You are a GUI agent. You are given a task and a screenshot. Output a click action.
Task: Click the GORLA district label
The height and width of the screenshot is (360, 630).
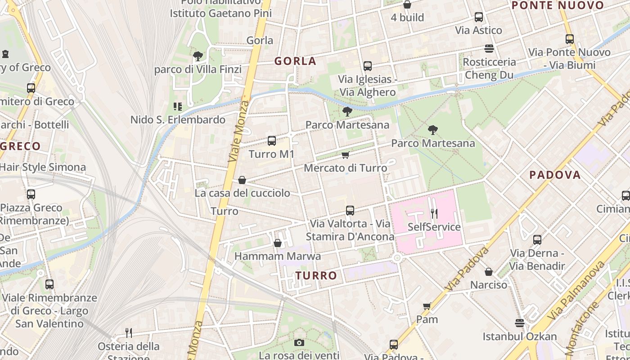295,61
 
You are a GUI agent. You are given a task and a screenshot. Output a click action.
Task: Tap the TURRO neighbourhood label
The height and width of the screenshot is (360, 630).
316,275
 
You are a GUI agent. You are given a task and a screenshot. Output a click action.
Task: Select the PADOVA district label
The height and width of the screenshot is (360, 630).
555,175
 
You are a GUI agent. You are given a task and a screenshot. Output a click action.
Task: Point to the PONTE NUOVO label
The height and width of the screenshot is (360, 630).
558,5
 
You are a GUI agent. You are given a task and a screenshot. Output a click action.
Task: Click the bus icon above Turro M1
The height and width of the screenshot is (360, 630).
272,141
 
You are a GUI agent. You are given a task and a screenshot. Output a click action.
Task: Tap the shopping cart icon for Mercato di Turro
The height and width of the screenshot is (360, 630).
345,155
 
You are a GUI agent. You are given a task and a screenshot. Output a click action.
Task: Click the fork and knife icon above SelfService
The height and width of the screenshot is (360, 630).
434,213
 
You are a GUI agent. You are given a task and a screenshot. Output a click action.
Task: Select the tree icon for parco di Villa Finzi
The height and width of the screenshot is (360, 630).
198,56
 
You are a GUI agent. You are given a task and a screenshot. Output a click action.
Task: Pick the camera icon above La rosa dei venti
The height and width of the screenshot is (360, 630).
299,343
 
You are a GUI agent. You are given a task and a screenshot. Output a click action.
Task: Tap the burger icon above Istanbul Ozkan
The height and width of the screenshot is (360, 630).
520,323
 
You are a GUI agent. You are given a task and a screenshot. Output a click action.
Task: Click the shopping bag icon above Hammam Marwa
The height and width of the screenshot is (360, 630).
278,243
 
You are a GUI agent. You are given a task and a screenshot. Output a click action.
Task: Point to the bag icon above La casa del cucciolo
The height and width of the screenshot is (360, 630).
242,180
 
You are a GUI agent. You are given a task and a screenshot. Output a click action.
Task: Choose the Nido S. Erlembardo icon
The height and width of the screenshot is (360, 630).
178,107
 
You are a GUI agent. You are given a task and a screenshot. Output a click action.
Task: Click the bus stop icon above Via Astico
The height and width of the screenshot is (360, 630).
479,17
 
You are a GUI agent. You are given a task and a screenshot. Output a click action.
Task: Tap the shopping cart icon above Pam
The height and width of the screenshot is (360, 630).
427,306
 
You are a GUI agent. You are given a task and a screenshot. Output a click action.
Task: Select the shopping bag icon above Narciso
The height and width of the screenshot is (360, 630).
488,272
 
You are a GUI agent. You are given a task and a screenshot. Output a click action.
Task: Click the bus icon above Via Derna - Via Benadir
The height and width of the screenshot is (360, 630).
537,240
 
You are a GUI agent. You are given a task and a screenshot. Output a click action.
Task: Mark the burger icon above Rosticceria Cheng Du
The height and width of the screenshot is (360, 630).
489,48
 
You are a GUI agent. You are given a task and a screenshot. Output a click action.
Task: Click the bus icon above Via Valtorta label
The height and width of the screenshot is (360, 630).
350,210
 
